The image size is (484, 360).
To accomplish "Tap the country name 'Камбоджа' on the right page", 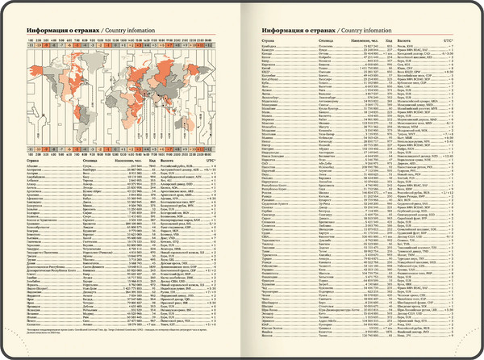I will (x=273, y=48).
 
